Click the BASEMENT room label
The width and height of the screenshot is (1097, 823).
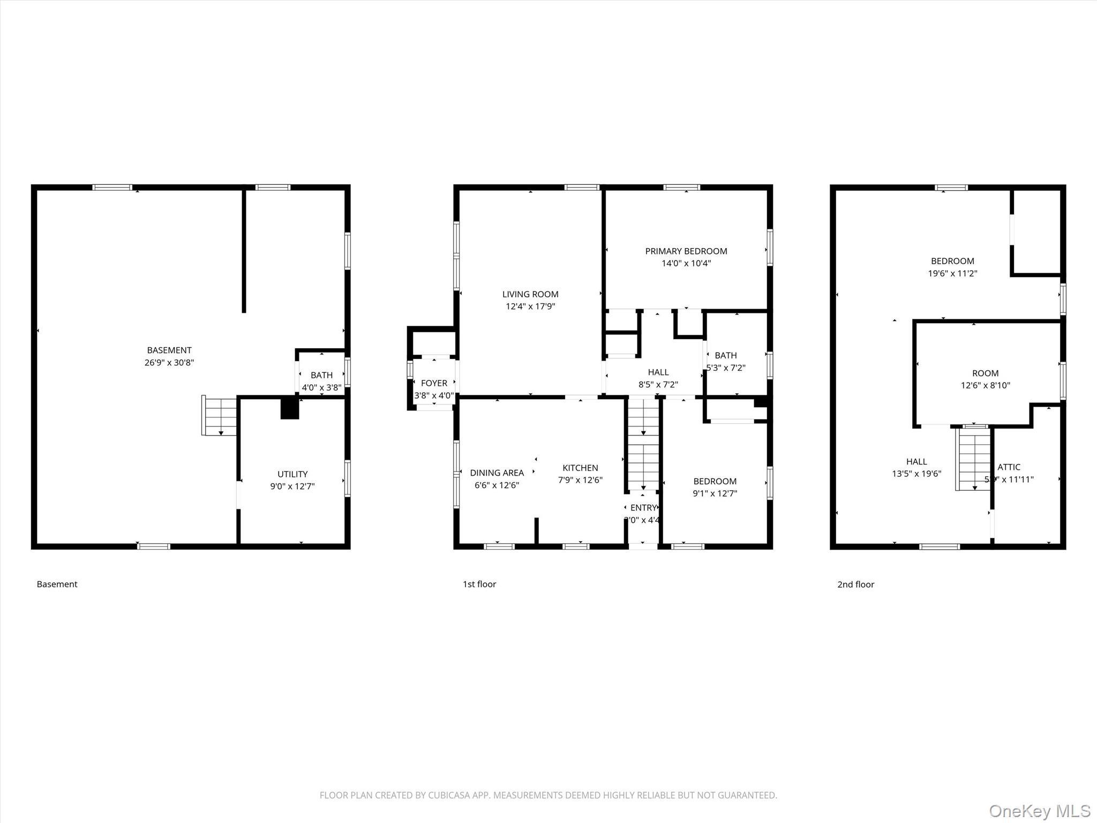click(169, 350)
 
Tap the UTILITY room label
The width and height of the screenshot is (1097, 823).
click(292, 474)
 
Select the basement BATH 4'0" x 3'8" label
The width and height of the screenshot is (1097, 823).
click(321, 380)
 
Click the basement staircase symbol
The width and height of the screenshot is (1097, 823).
click(220, 416)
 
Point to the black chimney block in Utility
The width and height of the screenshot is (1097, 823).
click(290, 408)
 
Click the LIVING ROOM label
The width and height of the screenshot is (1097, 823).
click(530, 294)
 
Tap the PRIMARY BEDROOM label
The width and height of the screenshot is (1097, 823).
click(686, 251)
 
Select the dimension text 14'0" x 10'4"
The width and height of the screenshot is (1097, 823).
click(686, 264)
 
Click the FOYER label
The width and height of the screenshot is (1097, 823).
click(434, 383)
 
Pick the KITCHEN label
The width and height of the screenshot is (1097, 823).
click(580, 468)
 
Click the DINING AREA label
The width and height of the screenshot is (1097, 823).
click(497, 473)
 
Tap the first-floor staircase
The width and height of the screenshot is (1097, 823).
click(643, 445)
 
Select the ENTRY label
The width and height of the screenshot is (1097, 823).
click(643, 507)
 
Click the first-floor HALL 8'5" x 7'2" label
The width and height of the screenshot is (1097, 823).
click(658, 378)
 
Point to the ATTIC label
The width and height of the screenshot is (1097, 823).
click(1009, 467)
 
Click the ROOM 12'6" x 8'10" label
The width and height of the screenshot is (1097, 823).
click(985, 379)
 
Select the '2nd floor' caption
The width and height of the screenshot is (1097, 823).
click(855, 585)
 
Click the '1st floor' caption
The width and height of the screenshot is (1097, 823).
click(479, 585)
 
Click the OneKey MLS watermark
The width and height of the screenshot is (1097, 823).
click(1039, 811)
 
